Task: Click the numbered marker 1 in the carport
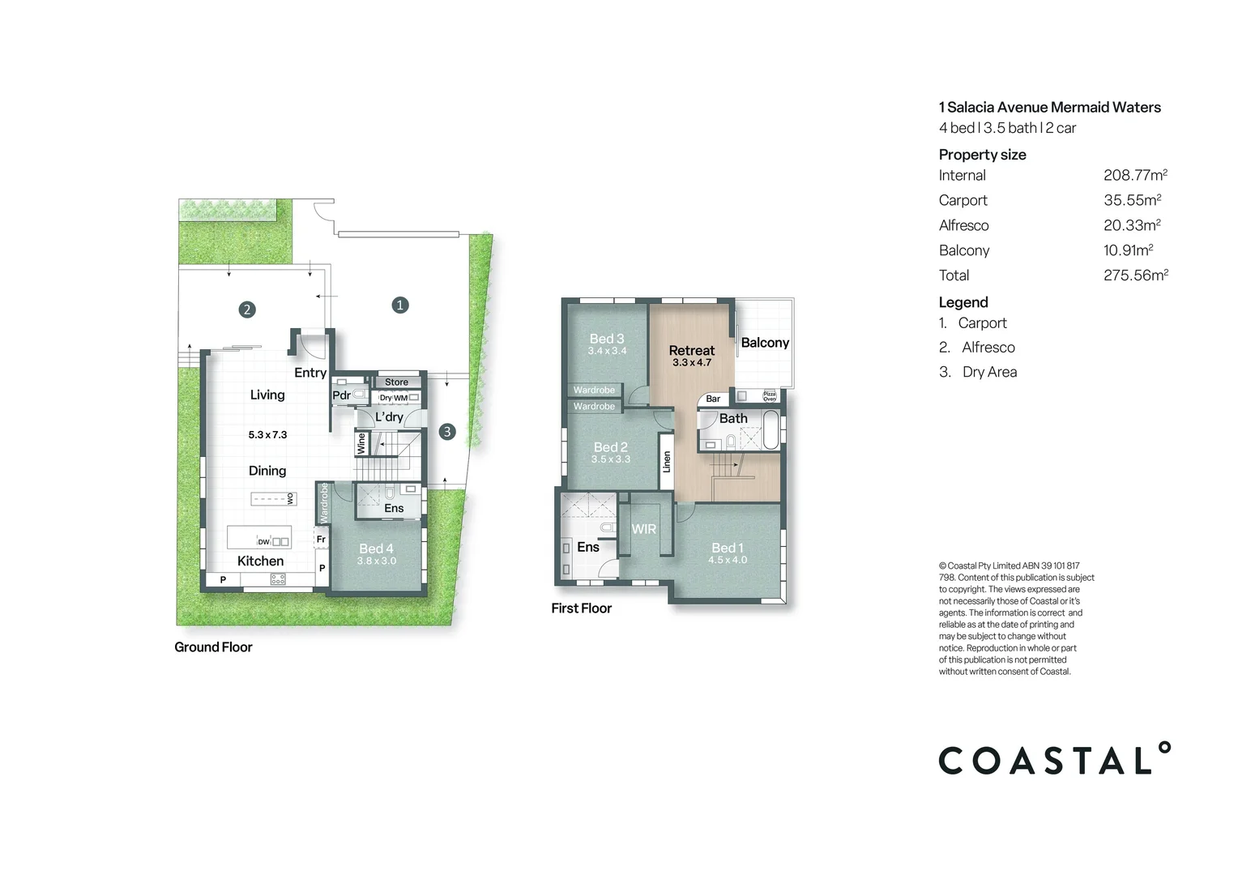pos(399,305)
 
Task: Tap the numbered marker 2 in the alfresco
pos(247,309)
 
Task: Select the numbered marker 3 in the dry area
pos(447,432)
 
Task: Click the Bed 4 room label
pos(376,548)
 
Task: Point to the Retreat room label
pos(691,351)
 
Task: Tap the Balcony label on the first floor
pos(764,343)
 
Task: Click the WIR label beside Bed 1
pos(644,529)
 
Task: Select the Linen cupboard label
pos(667,462)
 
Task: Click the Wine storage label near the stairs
pos(361,443)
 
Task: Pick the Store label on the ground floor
pos(396,382)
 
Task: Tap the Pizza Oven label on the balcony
pos(770,396)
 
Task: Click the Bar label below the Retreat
pos(713,399)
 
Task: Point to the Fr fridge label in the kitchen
pos(321,539)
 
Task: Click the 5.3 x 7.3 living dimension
pos(267,435)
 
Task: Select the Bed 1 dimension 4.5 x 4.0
pos(728,560)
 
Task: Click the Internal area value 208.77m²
pos(1135,175)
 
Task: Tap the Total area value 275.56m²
pos(1135,275)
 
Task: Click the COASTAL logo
pos(1054,760)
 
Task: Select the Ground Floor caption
pos(213,647)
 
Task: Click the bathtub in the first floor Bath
pos(771,429)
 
